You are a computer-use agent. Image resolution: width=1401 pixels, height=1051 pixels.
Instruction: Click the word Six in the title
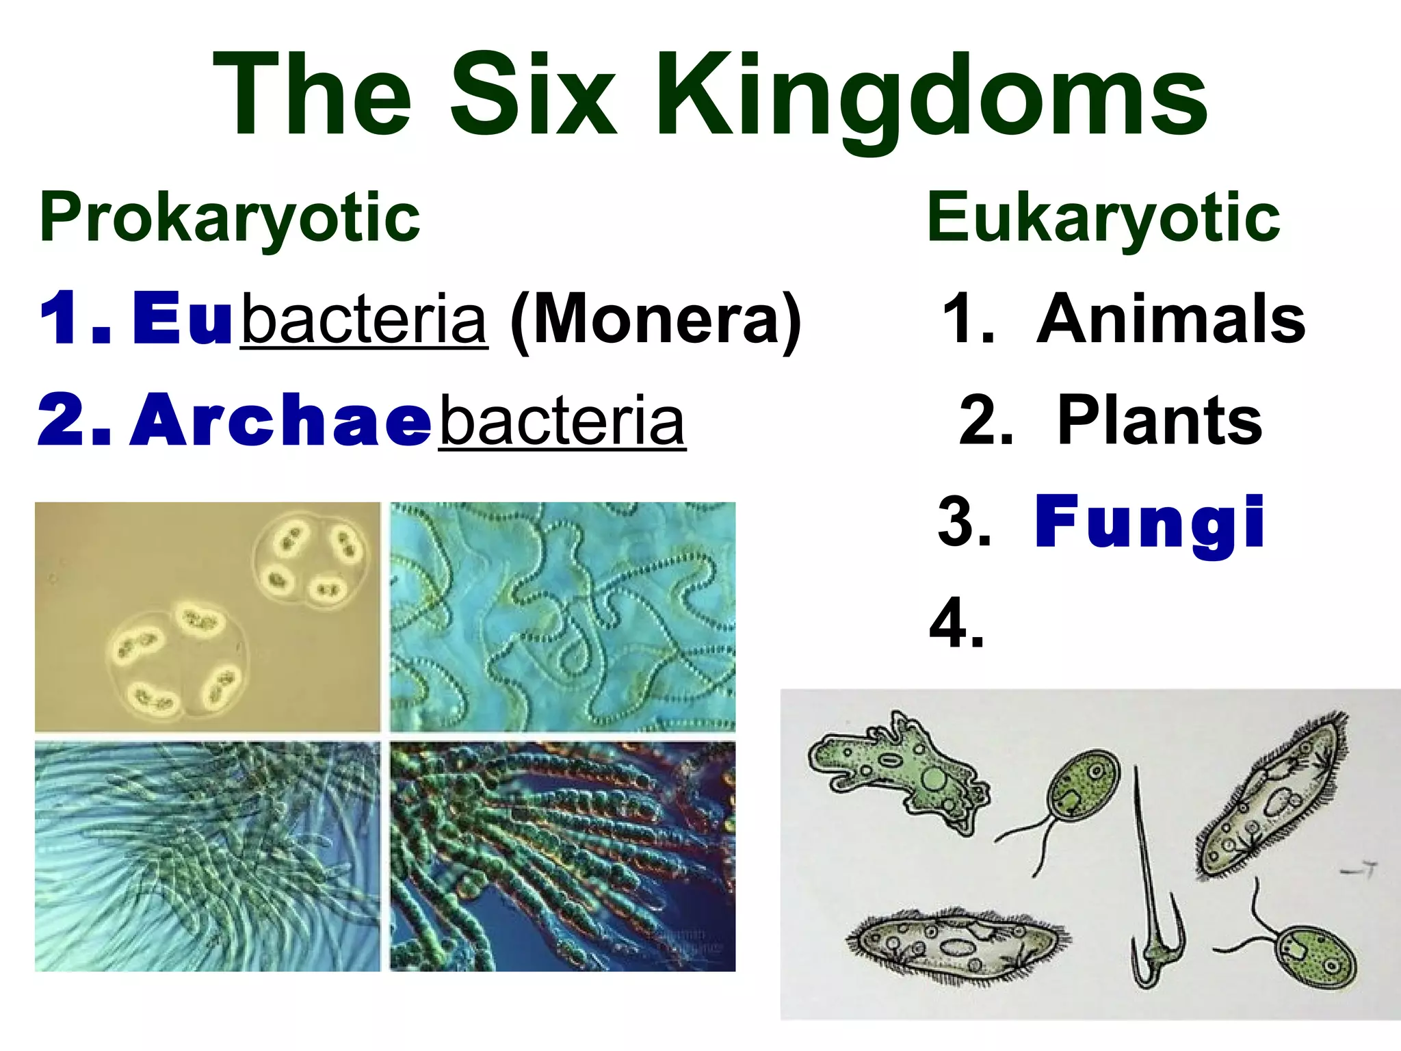(x=534, y=96)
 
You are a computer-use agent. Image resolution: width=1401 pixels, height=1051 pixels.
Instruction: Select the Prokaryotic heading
(x=230, y=218)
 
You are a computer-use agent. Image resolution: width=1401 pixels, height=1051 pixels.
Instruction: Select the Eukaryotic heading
(x=1103, y=218)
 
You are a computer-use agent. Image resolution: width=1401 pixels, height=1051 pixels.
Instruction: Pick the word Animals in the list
(x=1170, y=319)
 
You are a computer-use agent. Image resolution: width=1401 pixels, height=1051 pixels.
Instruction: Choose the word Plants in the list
(x=1159, y=420)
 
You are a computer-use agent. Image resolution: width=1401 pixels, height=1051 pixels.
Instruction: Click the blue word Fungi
(x=1149, y=523)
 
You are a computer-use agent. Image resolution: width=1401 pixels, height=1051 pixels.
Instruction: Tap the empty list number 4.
(x=956, y=624)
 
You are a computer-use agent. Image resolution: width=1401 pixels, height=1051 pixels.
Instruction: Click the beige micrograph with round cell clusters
(x=207, y=617)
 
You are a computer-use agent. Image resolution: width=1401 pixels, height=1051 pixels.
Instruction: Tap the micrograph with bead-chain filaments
(x=562, y=617)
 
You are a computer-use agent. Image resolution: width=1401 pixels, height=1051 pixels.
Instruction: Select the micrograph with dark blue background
(x=562, y=856)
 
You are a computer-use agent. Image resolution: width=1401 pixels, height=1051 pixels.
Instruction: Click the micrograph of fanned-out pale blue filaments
(x=207, y=856)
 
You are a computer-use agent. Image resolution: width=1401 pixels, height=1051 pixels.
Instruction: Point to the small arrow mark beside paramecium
(x=1358, y=870)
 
